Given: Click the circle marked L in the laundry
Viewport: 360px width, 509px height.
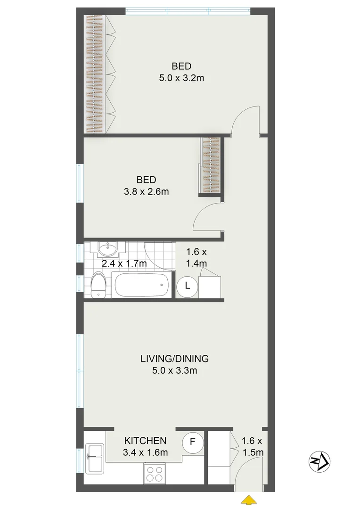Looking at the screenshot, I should tap(187, 286).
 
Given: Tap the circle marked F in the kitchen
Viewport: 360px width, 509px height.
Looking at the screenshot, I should tap(192, 443).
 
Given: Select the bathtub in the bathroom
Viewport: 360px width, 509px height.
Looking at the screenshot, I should tap(141, 285).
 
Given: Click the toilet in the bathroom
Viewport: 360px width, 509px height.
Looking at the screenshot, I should tap(98, 285).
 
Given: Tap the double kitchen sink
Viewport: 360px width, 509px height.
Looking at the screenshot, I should tap(94, 458).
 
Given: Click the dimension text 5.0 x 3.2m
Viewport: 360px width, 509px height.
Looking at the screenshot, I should tap(181, 78).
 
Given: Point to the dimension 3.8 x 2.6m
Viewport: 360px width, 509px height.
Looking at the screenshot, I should tap(146, 191).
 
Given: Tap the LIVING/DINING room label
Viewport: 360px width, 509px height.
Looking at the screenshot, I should tap(174, 359).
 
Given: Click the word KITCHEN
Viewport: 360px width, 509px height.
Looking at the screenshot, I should tap(145, 441).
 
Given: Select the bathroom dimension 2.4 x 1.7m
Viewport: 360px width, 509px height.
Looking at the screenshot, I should tap(124, 263).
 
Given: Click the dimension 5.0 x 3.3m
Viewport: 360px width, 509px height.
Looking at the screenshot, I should tap(174, 370).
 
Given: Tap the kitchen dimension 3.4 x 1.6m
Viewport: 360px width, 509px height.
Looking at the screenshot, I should tap(145, 452).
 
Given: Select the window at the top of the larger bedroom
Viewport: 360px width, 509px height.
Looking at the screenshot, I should tap(188, 11).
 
